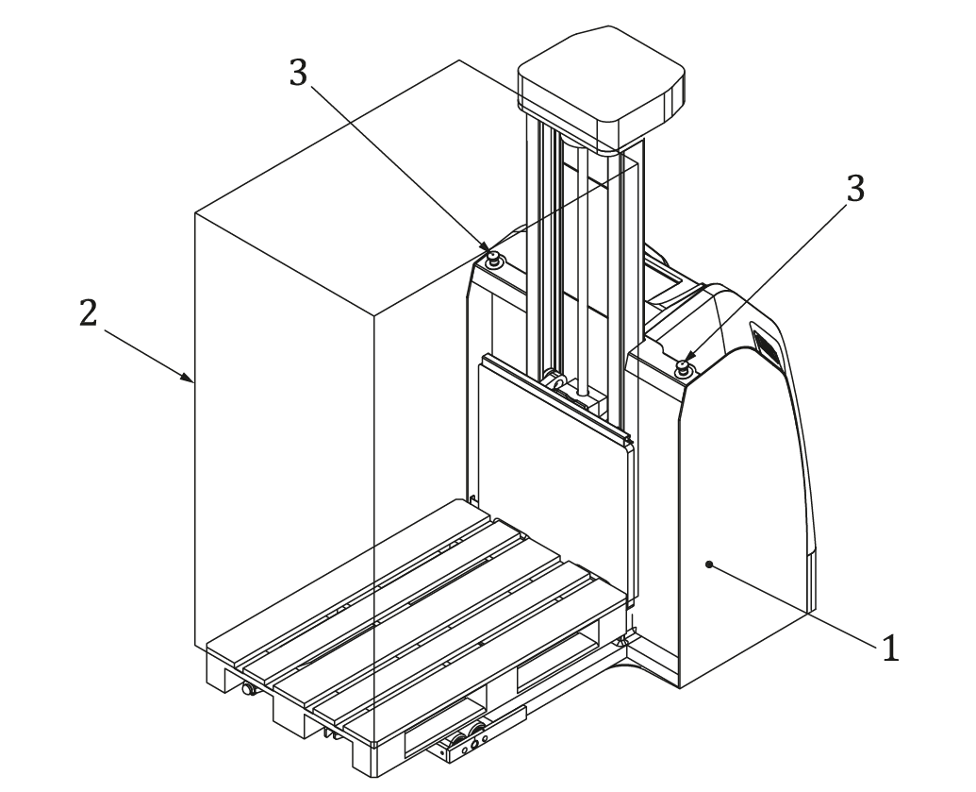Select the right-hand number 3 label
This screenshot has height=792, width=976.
[x=853, y=188]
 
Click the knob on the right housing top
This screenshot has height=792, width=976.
[x=686, y=367]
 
